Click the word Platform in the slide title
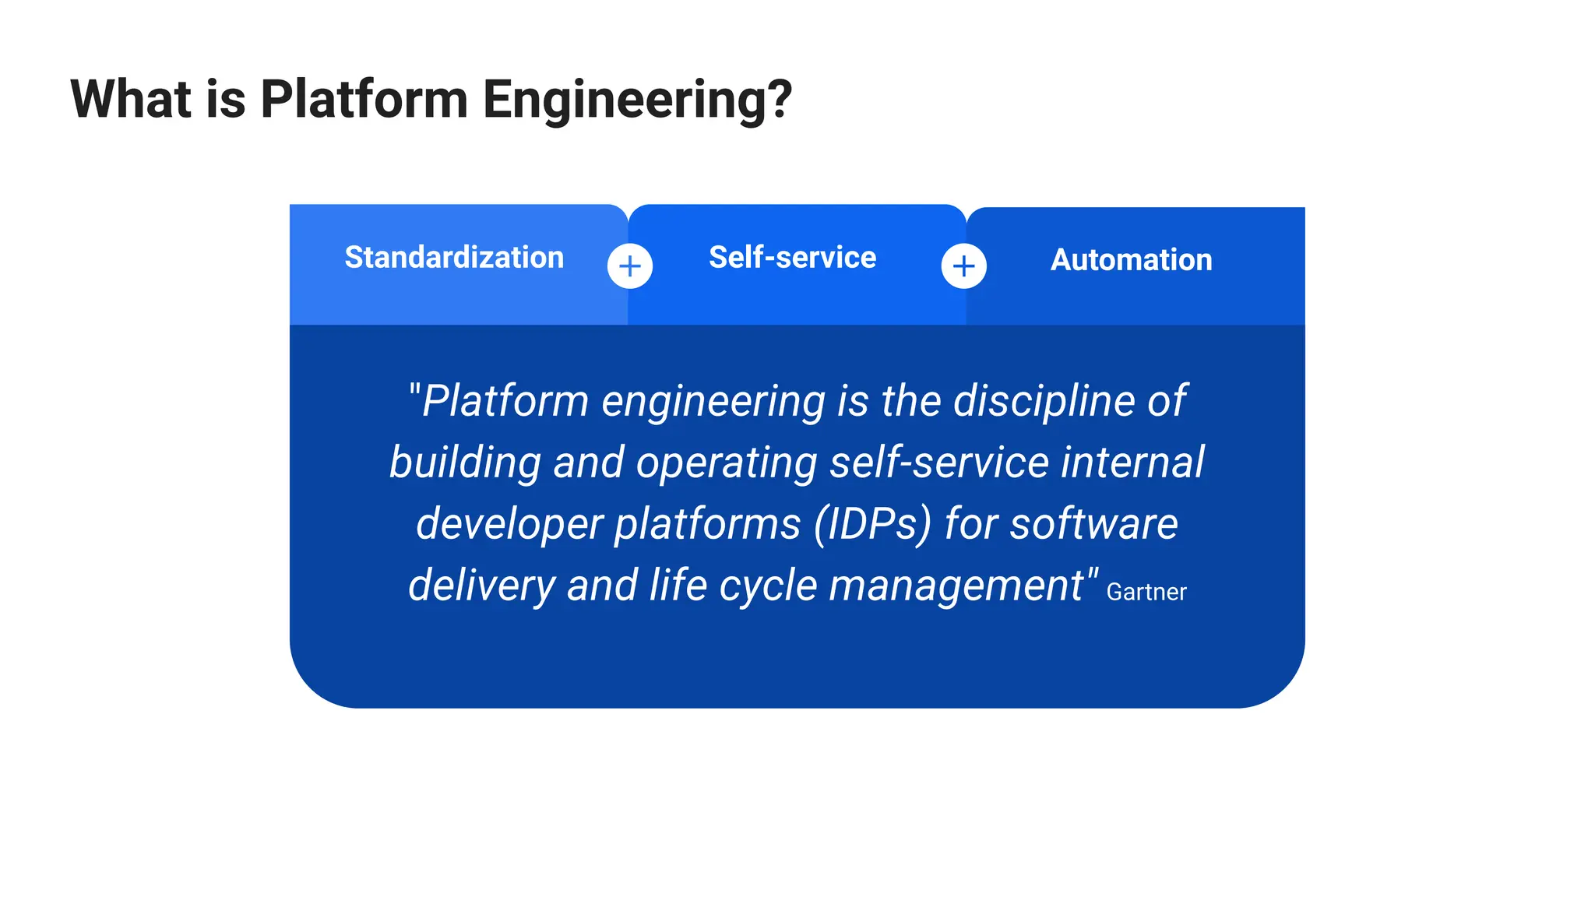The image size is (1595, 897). [364, 100]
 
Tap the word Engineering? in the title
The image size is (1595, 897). [637, 100]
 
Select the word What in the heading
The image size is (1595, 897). [131, 100]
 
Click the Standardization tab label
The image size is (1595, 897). [454, 258]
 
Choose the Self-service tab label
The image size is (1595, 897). [792, 258]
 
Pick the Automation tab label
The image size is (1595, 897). [1131, 260]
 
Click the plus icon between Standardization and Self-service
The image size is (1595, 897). [630, 266]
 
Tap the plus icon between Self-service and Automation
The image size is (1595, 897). [963, 266]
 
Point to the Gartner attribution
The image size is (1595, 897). [1146, 593]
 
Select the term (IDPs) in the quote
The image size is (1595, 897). [872, 524]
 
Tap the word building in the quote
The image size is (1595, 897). [465, 463]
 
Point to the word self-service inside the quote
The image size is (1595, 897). [939, 463]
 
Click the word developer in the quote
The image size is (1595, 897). [509, 524]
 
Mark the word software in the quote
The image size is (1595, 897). [1093, 524]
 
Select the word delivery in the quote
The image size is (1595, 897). [481, 586]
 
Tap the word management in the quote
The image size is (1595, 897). [956, 586]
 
